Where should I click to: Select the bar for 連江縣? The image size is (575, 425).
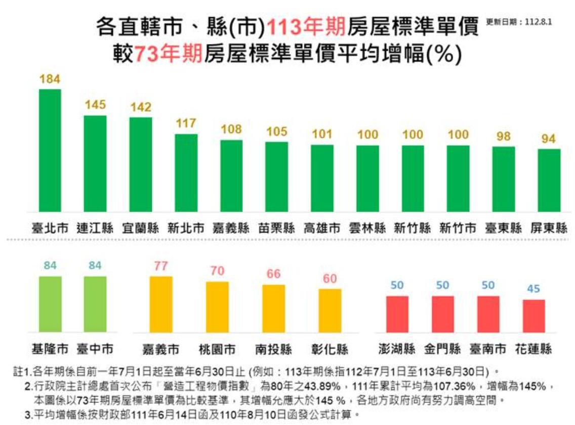click(95, 164)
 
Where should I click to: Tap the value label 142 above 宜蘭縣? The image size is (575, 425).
click(141, 107)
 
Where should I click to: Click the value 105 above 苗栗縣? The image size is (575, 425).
click(276, 132)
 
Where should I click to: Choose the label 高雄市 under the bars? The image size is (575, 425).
click(322, 228)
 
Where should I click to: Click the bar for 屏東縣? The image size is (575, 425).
click(549, 180)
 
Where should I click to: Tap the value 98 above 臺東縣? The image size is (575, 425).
click(504, 136)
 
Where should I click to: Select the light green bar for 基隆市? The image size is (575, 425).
click(50, 303)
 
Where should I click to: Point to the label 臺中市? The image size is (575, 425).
click(95, 349)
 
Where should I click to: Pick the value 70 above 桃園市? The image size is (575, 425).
click(217, 271)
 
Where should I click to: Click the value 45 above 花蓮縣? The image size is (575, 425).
click(533, 290)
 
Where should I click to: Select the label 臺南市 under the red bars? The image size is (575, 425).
click(488, 349)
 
